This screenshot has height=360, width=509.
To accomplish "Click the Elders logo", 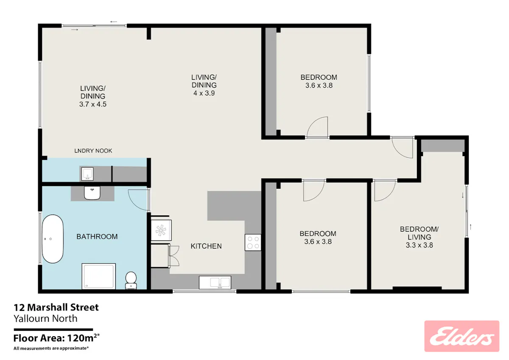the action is tap(462, 336).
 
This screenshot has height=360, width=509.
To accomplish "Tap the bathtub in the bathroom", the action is tap(53, 239).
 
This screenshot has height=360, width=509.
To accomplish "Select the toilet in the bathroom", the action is tap(131, 280).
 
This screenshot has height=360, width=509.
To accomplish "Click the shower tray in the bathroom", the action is tap(98, 276).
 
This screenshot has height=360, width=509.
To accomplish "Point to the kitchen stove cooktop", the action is tap(253, 243).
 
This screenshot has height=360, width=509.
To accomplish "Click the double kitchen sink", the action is tap(215, 282).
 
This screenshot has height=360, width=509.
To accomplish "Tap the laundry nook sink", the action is tap(87, 174).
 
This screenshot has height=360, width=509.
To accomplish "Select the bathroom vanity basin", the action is tap(92, 193).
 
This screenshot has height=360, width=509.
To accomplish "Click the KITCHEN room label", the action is tap(206, 246).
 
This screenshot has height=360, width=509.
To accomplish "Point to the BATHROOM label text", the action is tap(97, 237).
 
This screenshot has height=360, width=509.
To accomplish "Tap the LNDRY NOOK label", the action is tap(93, 151).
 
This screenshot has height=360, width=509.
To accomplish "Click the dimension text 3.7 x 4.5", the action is tap(93, 104).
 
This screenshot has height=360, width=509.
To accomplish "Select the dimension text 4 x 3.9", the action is tap(204, 93).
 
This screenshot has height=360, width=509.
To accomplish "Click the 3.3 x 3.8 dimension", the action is tap(419, 245).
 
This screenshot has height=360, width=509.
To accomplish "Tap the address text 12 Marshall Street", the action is tap(56, 307).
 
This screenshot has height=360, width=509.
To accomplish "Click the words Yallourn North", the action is tap(45, 318).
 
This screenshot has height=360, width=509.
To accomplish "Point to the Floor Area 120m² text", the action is tap(56, 338).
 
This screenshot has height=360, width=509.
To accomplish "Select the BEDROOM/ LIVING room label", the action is tap(419, 233).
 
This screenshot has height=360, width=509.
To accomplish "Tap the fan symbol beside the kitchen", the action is tap(161, 230).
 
